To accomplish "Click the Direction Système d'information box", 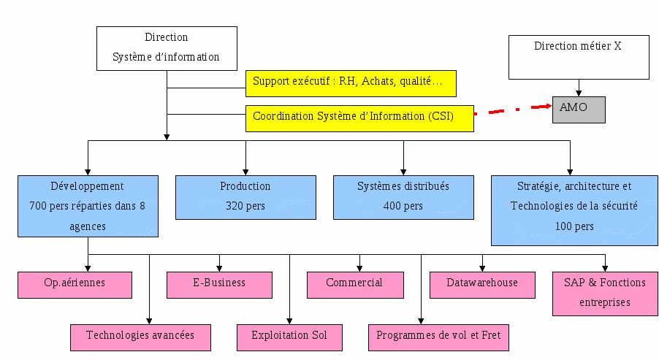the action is [167, 48].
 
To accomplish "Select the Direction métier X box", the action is [579, 57].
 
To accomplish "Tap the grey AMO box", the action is [579, 110].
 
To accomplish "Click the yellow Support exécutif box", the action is [351, 83].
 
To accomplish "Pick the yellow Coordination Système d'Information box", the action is [359, 118].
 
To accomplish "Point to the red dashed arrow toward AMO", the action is [513, 110].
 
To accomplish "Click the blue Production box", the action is [246, 197].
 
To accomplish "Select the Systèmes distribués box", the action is [403, 197].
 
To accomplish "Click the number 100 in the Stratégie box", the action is [563, 226].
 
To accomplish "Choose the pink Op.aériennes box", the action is [75, 285].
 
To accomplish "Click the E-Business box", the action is [219, 285].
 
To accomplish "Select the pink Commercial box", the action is [356, 285].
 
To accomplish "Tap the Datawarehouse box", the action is [482, 285].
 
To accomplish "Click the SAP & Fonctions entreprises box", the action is [605, 294].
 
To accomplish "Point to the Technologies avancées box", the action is [141, 337].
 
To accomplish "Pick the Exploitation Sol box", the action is [289, 337].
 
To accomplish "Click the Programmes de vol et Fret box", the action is [439, 337].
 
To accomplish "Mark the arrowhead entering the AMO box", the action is [549, 107].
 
